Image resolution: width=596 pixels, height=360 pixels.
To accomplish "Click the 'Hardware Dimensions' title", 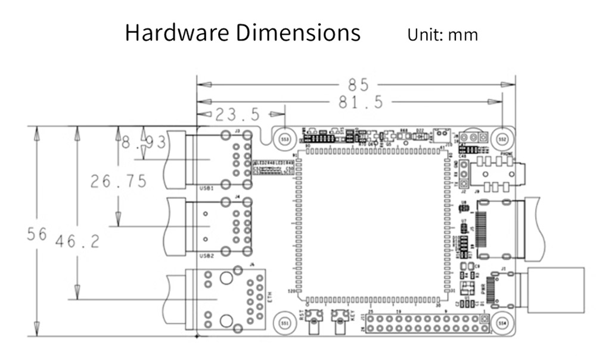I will click(x=243, y=32).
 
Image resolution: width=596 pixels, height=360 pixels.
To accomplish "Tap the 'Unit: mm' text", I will click(x=442, y=35).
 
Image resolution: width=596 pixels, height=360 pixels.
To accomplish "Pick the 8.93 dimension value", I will click(x=143, y=143).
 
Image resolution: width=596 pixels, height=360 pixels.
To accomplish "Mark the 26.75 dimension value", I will click(x=119, y=181).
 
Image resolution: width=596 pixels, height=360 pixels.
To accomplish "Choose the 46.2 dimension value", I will click(x=77, y=241).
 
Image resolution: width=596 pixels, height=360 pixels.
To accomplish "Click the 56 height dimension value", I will click(x=36, y=234).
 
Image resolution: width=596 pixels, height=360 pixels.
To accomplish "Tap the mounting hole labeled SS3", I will click(x=285, y=138).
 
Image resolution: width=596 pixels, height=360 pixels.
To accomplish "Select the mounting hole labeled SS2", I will click(x=502, y=138).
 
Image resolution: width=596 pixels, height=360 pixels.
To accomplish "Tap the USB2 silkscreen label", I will click(x=206, y=256).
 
